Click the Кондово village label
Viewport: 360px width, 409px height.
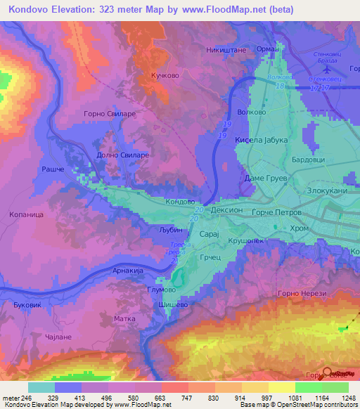click(x=179, y=202)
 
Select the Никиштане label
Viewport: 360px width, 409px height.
click(x=223, y=50)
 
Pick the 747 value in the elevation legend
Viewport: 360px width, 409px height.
click(x=175, y=398)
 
